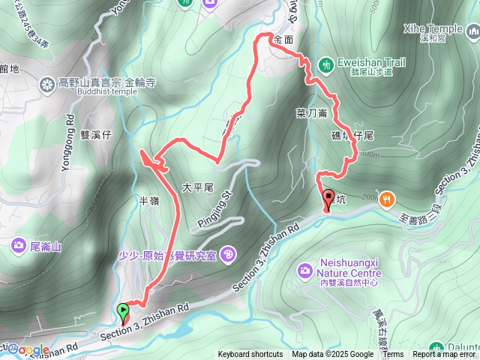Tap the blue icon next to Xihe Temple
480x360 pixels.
[472, 33]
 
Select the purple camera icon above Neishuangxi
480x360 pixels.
[305, 269]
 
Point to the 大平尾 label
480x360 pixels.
[198, 185]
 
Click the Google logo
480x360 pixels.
[29, 349]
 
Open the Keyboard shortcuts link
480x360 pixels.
[250, 355]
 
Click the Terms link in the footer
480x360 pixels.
[393, 355]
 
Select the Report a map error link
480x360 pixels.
[444, 355]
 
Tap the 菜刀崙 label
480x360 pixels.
[310, 113]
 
